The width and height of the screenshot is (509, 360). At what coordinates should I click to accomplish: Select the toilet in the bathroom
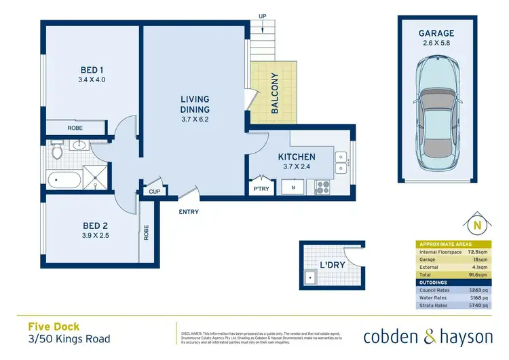58,149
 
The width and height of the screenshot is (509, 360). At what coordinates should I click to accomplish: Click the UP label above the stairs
263,16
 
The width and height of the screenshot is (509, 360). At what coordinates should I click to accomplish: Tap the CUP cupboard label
153,192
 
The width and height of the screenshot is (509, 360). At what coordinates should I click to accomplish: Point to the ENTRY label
189,212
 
